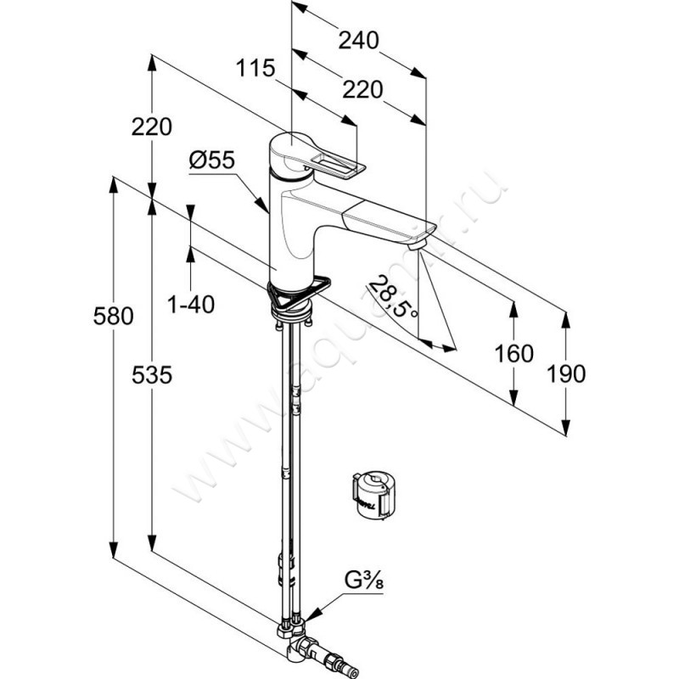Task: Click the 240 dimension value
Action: point(356,40)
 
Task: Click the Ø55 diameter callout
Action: point(211,159)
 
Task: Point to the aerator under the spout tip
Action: point(416,243)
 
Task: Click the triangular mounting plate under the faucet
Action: point(297,291)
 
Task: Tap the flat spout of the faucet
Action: point(382,219)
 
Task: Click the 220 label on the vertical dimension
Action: point(153,126)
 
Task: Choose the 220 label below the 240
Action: point(363,88)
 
